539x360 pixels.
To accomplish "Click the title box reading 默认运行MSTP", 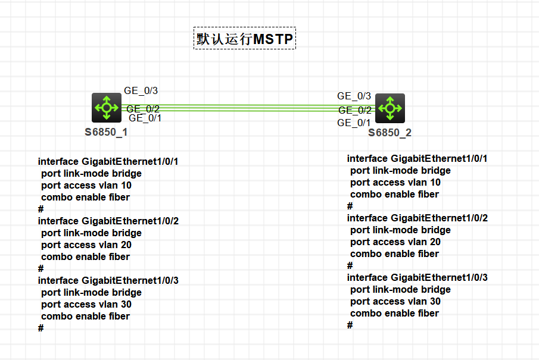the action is pos(244,38).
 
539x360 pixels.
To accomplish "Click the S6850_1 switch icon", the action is pos(107,108).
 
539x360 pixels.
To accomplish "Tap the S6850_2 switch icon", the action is pos(390,108).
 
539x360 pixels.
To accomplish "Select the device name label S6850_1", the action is pos(106,132).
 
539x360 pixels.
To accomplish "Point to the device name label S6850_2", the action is pos(390,133).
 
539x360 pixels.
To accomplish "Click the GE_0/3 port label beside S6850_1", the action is pos(141,90).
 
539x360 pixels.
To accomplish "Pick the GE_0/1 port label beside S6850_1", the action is pos(145,118).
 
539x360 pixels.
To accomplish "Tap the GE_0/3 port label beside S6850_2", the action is pos(354,96).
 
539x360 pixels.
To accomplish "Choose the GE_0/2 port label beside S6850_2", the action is pos(355,110).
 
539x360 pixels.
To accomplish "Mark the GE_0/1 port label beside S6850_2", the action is pos(354,123).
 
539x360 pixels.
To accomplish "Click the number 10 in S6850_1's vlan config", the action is pos(126,186).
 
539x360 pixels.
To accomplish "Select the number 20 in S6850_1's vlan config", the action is pos(126,245).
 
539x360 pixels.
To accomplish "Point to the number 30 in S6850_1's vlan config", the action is pos(126,304).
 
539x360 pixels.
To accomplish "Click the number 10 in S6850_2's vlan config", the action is pos(435,183).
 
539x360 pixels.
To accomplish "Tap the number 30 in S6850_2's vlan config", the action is pos(435,301).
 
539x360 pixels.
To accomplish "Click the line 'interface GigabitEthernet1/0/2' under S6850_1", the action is pos(108,221).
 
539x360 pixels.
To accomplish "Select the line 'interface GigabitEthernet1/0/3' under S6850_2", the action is pos(418,277).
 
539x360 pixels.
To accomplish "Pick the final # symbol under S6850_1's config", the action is pos(41,328).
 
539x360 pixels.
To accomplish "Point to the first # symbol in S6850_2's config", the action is pos(350,206).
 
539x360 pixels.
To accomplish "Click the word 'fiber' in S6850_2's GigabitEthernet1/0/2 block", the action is pos(429,254).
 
